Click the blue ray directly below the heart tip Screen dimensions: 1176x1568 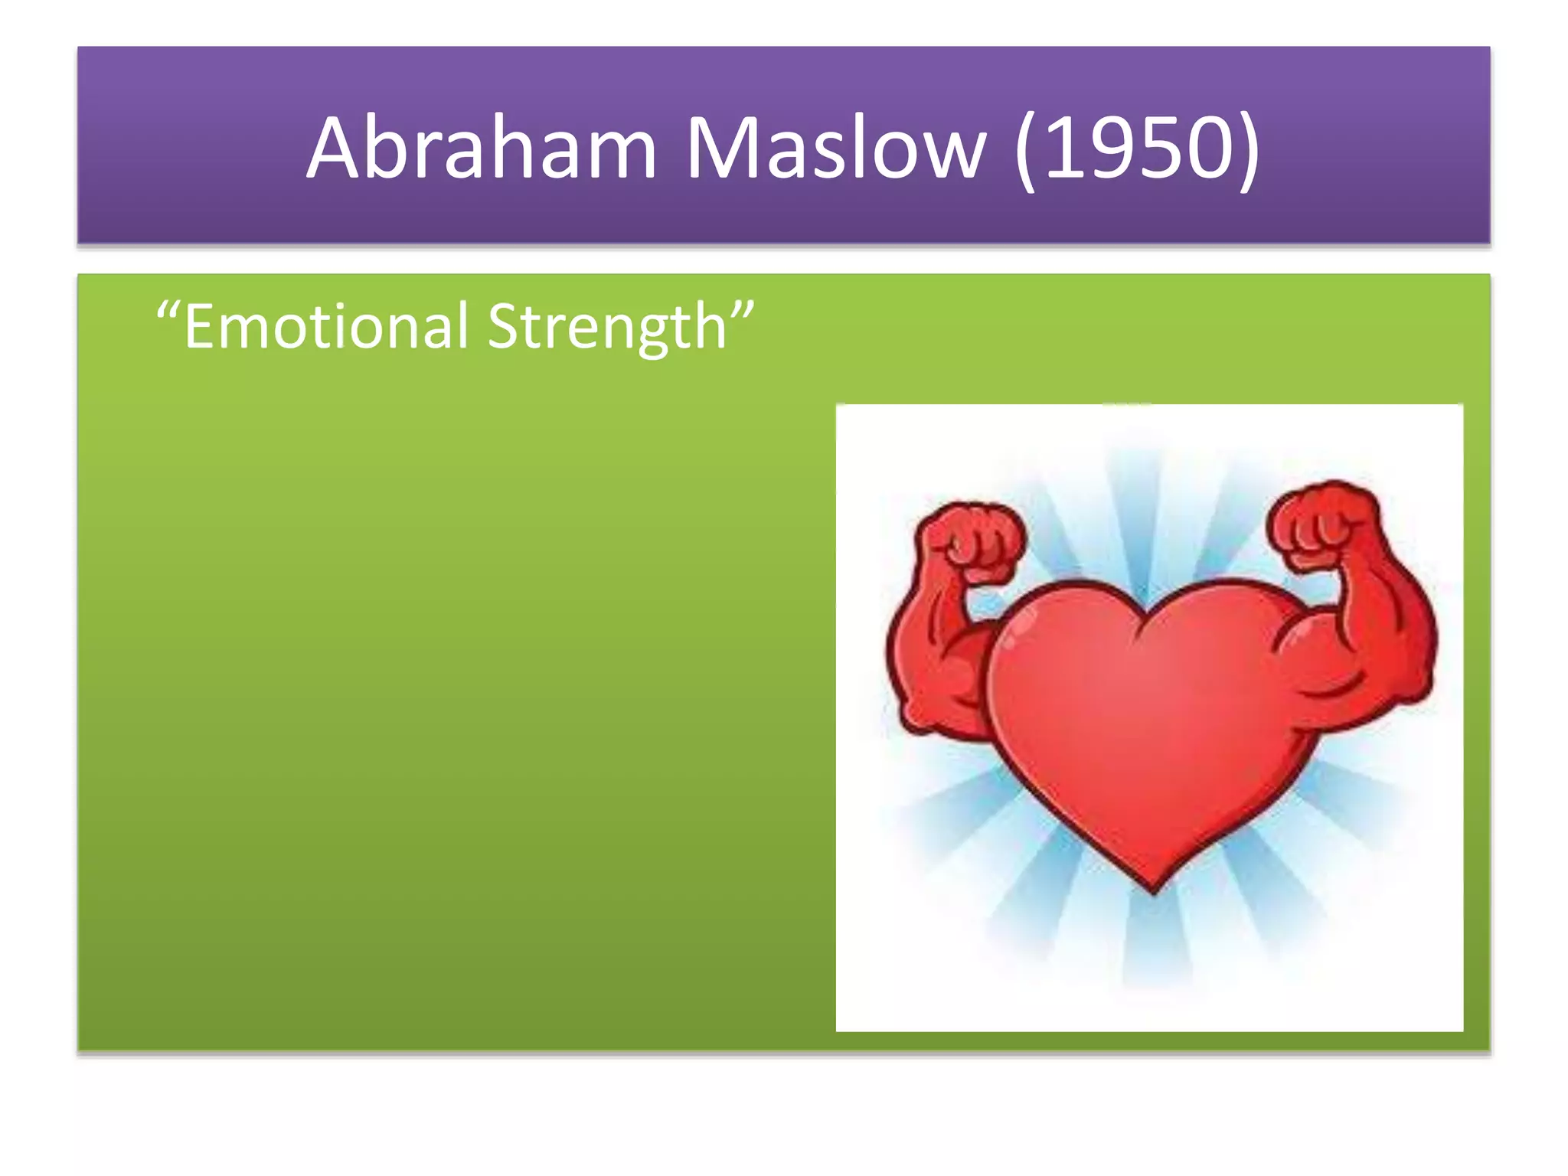[x=1156, y=949]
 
